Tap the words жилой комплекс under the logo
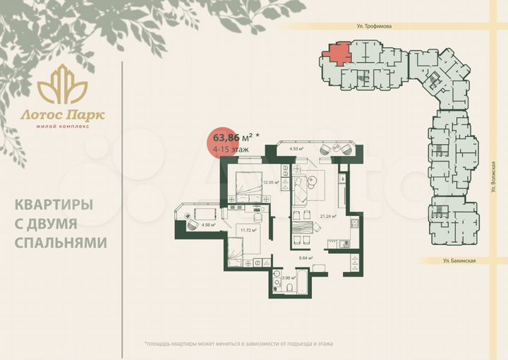(x=62, y=126)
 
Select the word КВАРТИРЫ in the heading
(x=54, y=205)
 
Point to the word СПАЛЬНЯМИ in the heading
(x=61, y=242)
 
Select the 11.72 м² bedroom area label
(x=248, y=229)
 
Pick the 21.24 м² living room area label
(x=328, y=217)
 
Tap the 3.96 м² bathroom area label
(x=287, y=277)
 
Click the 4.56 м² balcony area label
(x=208, y=225)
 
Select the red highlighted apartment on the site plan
(x=337, y=53)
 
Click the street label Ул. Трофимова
(x=373, y=25)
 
